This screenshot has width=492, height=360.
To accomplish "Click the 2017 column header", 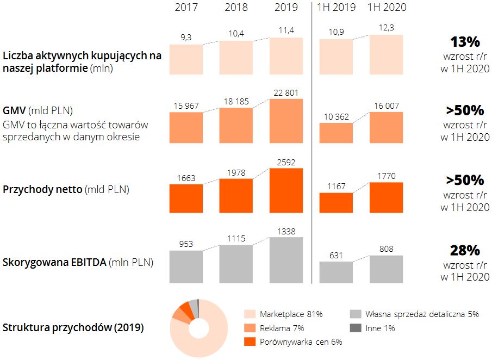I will pos(186,8).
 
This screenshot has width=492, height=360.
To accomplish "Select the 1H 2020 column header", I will pos(387,8).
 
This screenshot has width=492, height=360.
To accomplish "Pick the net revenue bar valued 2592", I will pos(286,190).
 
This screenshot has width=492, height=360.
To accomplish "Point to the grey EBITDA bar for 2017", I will pos(186,266).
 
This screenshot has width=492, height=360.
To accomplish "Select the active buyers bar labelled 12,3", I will pos(387,54).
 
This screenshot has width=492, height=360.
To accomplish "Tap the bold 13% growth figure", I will pos(465,42).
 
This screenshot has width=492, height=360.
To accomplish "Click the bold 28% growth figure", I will pos(465,251).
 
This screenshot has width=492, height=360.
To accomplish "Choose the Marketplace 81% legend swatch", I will pos(250,314).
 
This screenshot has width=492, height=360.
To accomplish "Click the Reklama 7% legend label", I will pos(282,328).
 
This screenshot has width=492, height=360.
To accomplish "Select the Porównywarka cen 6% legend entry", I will pos(294,342).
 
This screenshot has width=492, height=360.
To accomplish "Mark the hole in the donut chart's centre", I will pos(199,328).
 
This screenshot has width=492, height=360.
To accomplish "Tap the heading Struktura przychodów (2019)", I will pos(73,328).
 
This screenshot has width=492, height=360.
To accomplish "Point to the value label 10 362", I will pos(336,117).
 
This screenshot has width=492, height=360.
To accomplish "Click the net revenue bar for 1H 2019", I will pos(336,202).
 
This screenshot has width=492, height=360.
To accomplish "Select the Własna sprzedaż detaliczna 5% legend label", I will pos(422,314).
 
